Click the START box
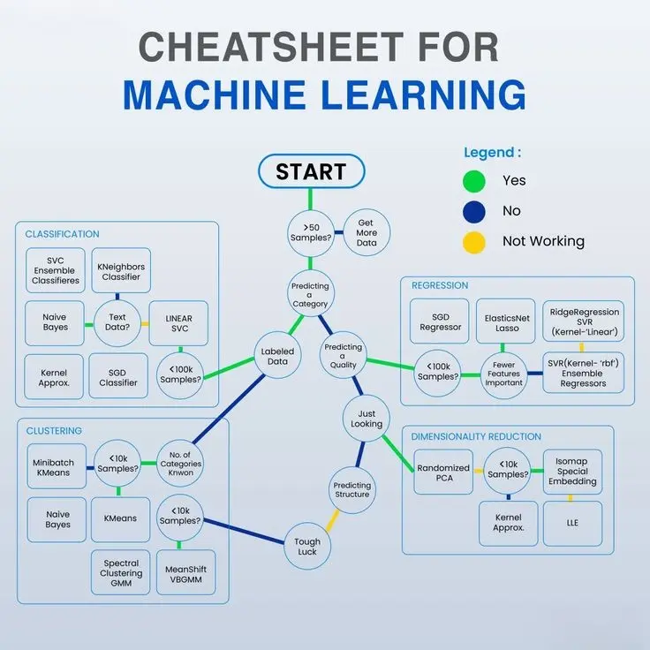310,171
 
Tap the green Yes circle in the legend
474,180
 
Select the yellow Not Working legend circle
474,241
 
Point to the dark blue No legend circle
474,211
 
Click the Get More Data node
367,233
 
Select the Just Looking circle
367,419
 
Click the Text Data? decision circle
117,323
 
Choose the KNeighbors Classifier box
121,270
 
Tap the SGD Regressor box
441,321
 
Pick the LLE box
572,523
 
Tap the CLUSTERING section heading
54,431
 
